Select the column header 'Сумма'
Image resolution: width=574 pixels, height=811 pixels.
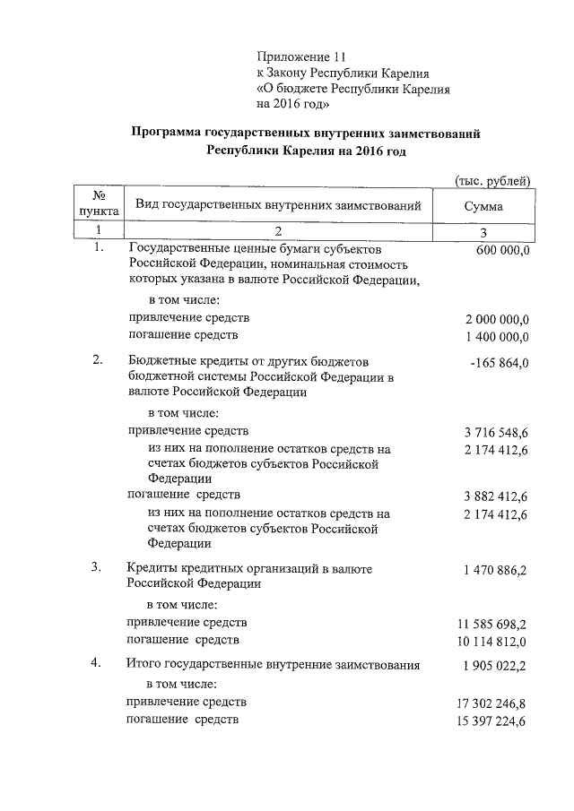click(x=483, y=206)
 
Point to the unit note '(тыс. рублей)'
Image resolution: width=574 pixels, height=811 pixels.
click(x=492, y=180)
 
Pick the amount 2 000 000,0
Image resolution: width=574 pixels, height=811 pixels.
click(x=497, y=320)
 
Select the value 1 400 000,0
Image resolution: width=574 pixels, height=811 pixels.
click(x=497, y=337)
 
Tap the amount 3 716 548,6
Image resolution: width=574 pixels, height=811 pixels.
click(x=496, y=433)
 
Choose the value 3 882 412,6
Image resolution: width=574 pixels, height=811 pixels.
click(x=496, y=496)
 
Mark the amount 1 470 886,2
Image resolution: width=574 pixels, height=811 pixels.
click(x=496, y=570)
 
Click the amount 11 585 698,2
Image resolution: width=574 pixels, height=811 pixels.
click(x=493, y=624)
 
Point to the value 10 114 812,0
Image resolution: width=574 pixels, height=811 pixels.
click(x=493, y=642)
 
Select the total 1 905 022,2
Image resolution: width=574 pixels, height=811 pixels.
click(x=496, y=667)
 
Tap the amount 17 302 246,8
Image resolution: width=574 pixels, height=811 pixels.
click(x=493, y=703)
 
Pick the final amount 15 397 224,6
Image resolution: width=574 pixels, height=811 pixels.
click(x=493, y=721)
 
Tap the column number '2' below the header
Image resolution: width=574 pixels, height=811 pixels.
click(x=278, y=231)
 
